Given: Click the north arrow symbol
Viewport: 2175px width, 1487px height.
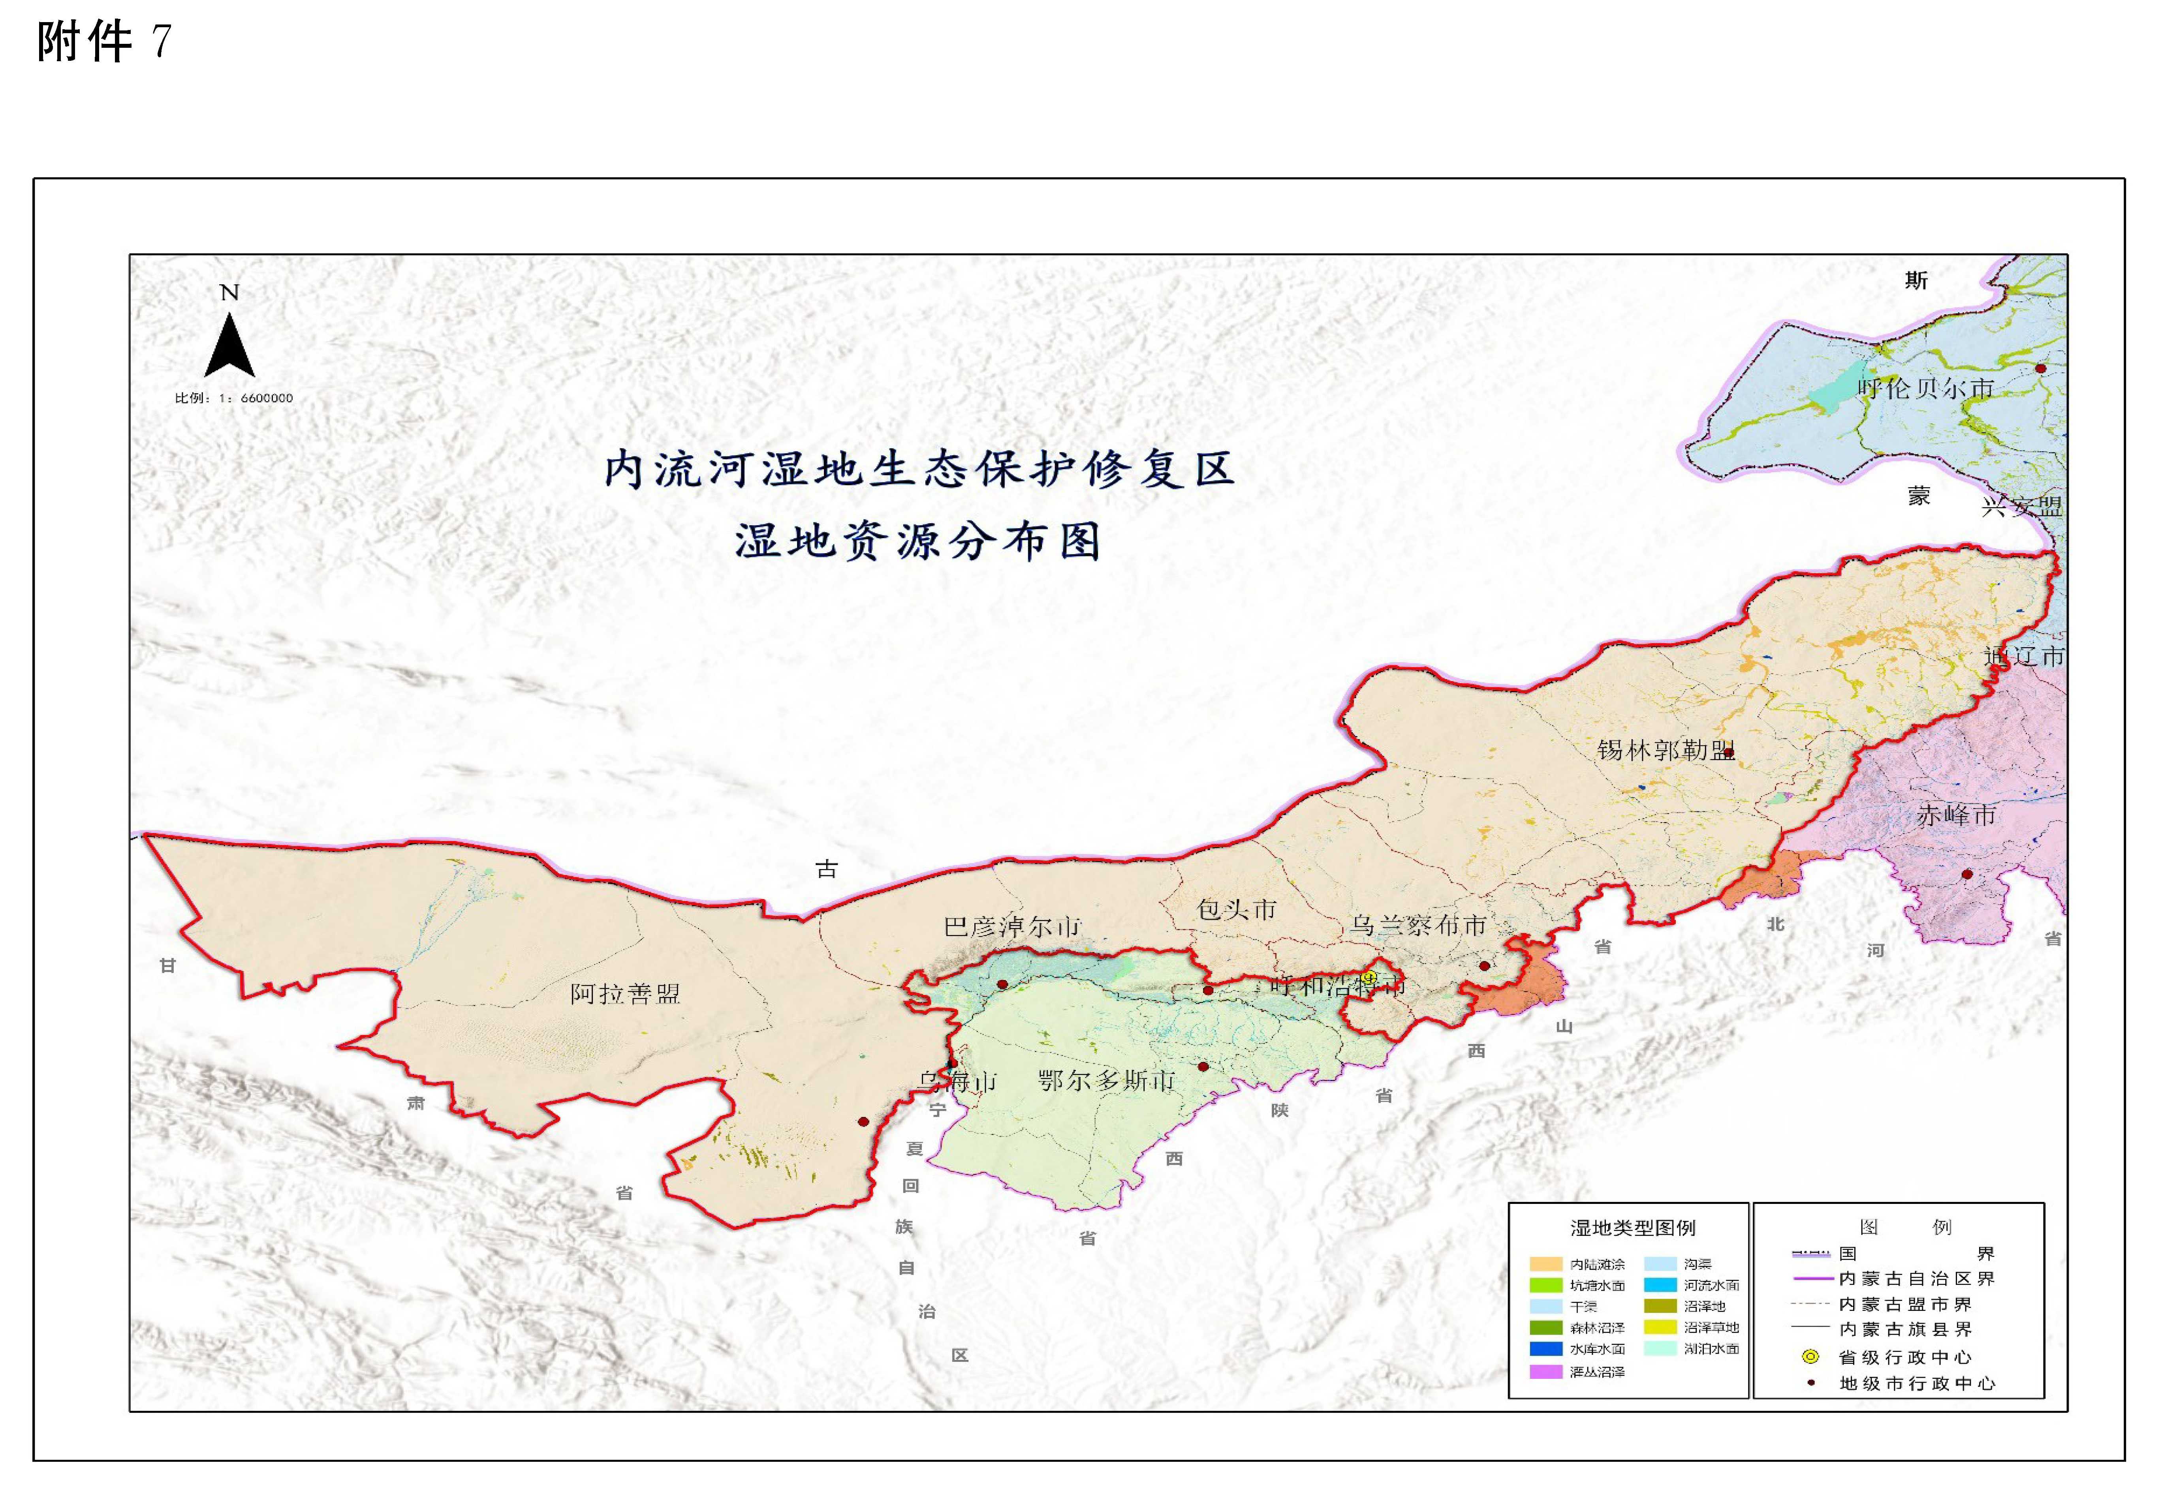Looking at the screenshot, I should (229, 344).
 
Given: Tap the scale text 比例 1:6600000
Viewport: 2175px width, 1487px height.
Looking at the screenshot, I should (234, 398).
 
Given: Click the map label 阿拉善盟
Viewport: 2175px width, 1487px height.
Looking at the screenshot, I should (625, 994).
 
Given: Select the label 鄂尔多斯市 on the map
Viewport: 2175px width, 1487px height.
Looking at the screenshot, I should (1107, 1081).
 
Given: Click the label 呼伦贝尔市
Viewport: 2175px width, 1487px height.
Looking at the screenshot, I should (1926, 389).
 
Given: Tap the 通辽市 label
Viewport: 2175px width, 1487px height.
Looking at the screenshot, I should (2023, 656).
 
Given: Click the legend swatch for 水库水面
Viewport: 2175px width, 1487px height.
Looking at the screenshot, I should (1546, 1348).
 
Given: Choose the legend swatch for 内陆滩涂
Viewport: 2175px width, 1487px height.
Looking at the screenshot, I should (1546, 1264).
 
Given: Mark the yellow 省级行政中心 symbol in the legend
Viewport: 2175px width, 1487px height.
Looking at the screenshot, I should (1811, 1356).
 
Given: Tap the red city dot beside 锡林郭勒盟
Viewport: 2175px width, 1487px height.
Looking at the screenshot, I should (1729, 753).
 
